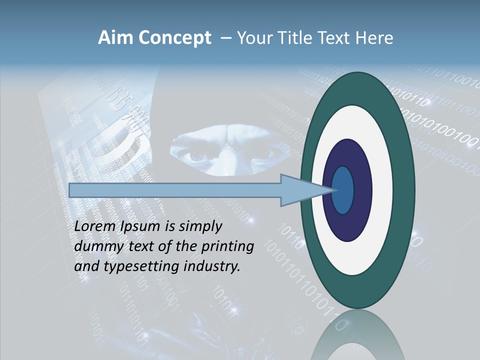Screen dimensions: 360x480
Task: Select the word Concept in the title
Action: click(174, 38)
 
